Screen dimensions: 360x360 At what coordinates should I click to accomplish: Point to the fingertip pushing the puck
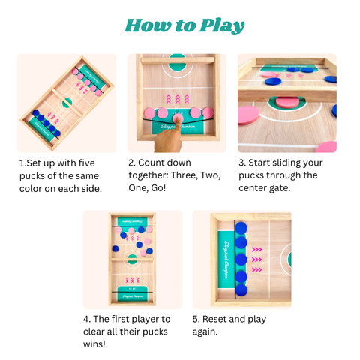pos(178,117)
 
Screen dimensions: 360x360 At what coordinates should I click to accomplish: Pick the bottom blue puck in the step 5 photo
pos(241,286)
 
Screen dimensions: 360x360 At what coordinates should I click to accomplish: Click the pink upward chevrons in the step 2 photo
pos(178,99)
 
